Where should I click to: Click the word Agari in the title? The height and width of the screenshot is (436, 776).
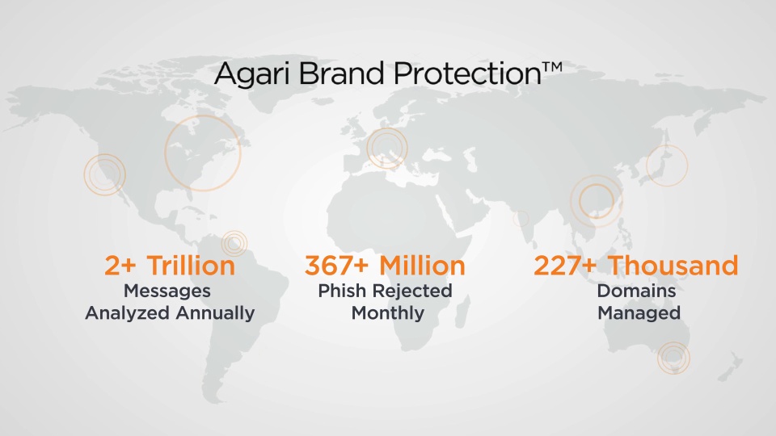pyautogui.click(x=253, y=75)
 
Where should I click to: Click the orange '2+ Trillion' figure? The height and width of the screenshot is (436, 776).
pyautogui.click(x=170, y=266)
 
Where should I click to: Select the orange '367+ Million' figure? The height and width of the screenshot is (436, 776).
pyautogui.click(x=385, y=266)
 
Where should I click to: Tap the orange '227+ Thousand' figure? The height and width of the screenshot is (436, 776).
pyautogui.click(x=636, y=266)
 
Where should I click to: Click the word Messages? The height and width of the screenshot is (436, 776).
pyautogui.click(x=168, y=290)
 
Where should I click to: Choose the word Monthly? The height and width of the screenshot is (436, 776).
pyautogui.click(x=387, y=313)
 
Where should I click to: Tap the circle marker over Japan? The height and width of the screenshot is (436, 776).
pyautogui.click(x=667, y=166)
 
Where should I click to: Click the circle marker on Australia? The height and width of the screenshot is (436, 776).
pyautogui.click(x=673, y=358)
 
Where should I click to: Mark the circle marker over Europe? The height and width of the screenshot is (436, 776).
pyautogui.click(x=387, y=149)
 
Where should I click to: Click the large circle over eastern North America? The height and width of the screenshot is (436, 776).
pyautogui.click(x=203, y=153)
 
